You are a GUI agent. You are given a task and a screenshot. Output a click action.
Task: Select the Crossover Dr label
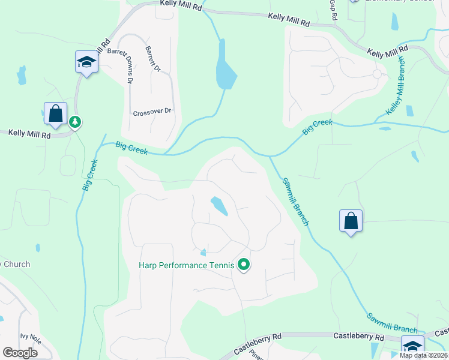pos(152,112)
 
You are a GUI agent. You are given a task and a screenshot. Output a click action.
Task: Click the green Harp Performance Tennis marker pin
pos(244,265)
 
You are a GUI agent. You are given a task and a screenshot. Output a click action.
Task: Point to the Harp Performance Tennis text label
pos(186,265)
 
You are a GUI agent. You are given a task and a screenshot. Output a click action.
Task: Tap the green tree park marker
pos(75,122)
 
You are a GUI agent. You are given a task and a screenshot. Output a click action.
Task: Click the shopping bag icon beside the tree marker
pos(56,113)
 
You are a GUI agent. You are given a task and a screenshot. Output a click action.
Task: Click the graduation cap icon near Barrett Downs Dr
pos(86,62)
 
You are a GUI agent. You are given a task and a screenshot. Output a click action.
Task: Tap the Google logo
pos(20,353)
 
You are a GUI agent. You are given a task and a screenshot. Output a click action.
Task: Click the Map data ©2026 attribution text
pos(423,355)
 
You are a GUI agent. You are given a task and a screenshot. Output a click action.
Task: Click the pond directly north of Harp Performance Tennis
pos(218,206)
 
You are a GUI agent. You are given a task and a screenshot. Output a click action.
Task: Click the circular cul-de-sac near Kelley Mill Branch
pos(377,74)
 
